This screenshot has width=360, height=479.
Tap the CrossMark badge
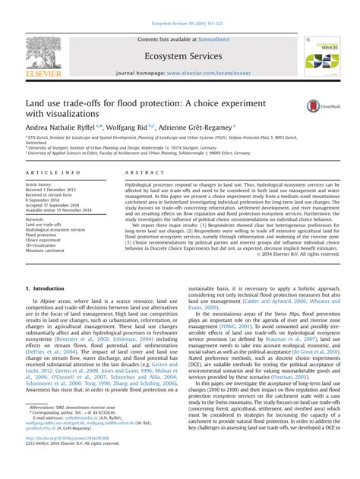(x=319, y=107)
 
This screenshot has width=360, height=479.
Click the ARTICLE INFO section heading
(x=48, y=173)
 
